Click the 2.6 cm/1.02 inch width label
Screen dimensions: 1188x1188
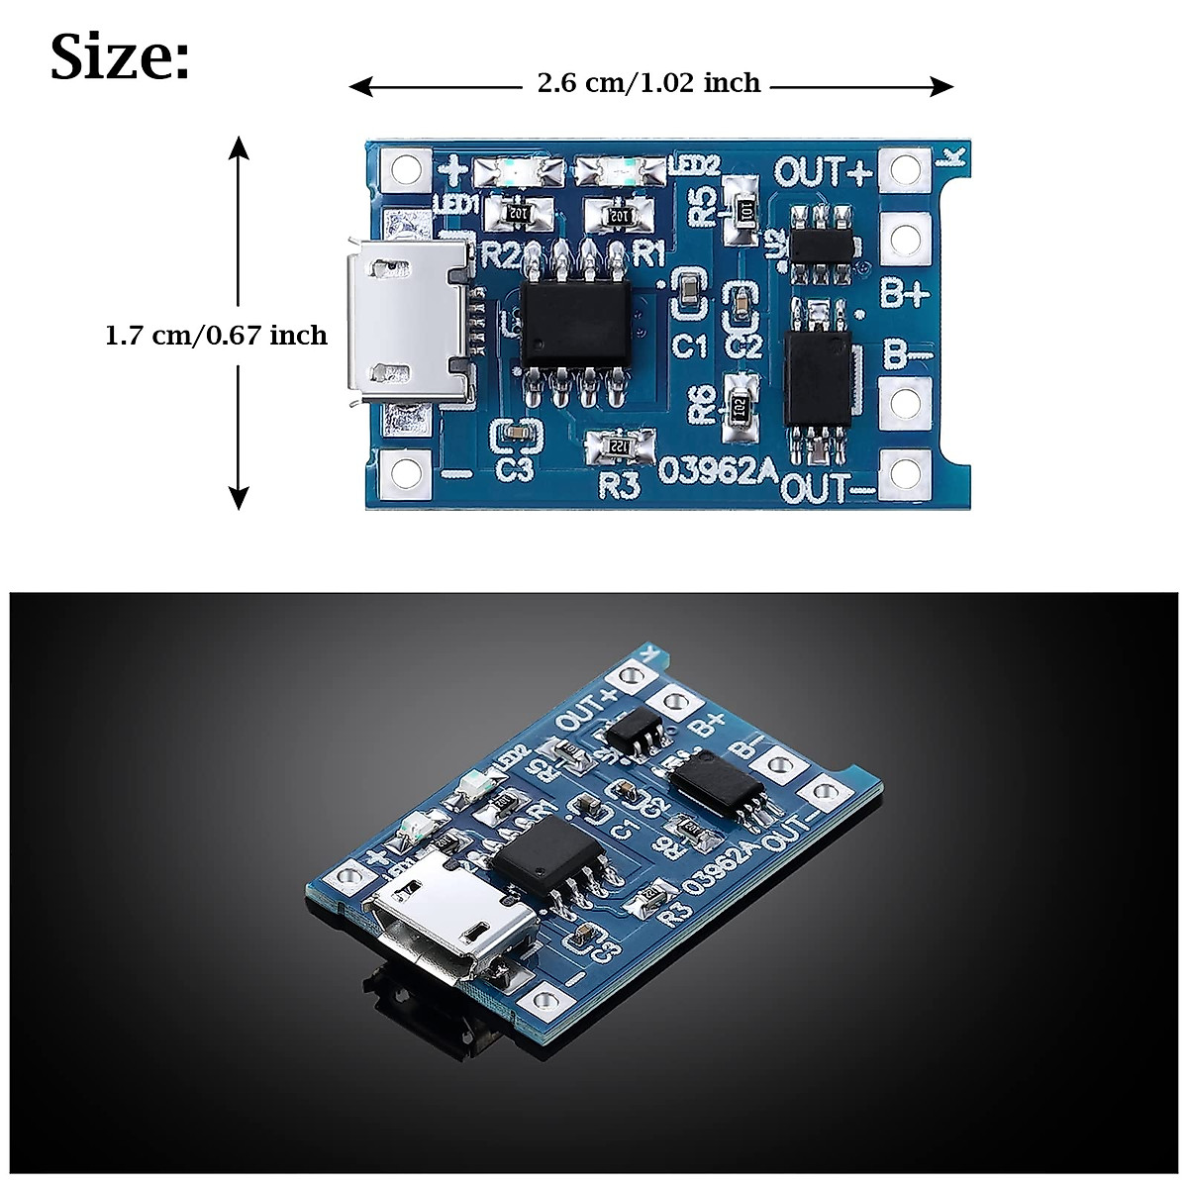pyautogui.click(x=648, y=83)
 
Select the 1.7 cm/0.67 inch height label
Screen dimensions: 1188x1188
pyautogui.click(x=216, y=336)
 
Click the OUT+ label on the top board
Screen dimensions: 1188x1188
pyautogui.click(x=822, y=171)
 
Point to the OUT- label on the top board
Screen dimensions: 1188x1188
pyautogui.click(x=828, y=487)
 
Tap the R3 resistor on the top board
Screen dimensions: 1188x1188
pyautogui.click(x=619, y=446)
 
